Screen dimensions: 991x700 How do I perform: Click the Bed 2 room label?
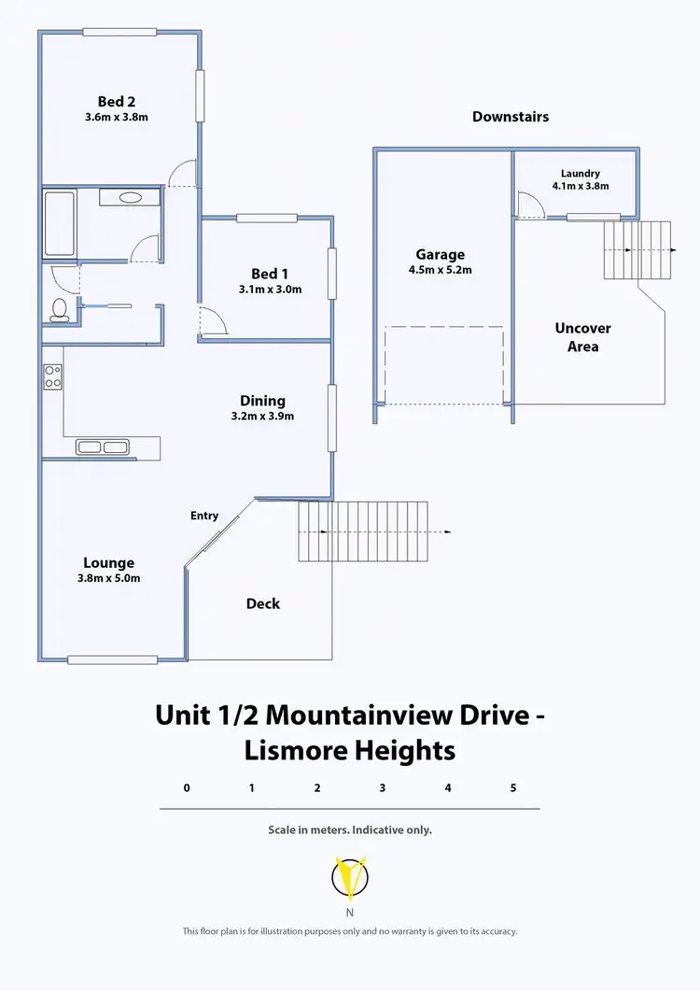[x=118, y=102]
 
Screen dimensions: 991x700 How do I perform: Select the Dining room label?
[x=262, y=401]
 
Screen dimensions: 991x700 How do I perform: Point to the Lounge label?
[x=108, y=562]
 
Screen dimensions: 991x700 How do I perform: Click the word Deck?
[x=262, y=603]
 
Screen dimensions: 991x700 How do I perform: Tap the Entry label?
[x=204, y=516]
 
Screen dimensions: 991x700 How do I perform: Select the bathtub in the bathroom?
[x=60, y=224]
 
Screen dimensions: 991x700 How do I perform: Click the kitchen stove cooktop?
[x=52, y=375]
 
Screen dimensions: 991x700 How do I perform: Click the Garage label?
[x=441, y=255]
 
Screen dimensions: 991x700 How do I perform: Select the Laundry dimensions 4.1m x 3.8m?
[x=580, y=186]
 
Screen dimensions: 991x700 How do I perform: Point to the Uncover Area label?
[x=583, y=337]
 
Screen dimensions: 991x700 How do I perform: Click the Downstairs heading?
[x=510, y=117]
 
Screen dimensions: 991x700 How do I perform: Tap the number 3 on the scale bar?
[x=383, y=787]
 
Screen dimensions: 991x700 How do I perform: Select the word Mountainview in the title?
[x=358, y=715]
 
